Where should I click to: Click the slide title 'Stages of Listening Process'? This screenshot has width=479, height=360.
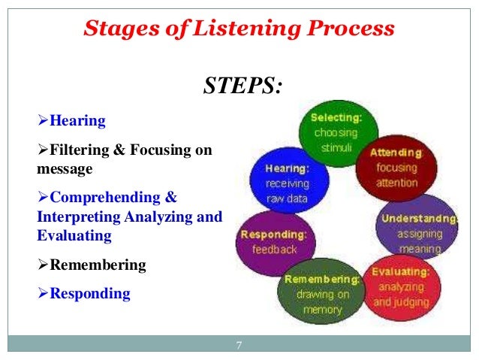pyautogui.click(x=239, y=29)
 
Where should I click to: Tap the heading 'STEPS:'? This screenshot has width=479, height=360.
pyautogui.click(x=243, y=86)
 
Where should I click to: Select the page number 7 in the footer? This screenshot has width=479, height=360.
pyautogui.click(x=239, y=345)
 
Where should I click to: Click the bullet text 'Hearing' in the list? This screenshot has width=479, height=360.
pyautogui.click(x=77, y=120)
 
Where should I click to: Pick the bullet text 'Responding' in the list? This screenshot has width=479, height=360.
pyautogui.click(x=89, y=293)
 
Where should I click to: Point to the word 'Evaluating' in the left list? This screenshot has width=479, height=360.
pyautogui.click(x=74, y=235)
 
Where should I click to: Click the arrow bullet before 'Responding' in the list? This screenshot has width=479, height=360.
pyautogui.click(x=43, y=293)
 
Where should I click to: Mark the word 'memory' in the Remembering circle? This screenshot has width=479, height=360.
pyautogui.click(x=322, y=309)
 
